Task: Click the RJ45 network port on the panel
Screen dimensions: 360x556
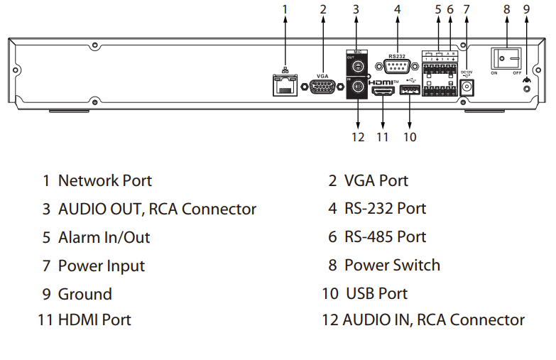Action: click(x=285, y=85)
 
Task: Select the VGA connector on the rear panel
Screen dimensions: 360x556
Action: click(x=323, y=87)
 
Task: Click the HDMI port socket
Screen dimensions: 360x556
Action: click(x=383, y=92)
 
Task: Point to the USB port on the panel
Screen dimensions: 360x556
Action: click(x=410, y=92)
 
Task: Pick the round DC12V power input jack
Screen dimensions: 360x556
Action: click(x=467, y=87)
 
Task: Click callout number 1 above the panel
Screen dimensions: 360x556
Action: click(x=285, y=9)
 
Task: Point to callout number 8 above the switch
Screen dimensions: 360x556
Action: click(x=506, y=9)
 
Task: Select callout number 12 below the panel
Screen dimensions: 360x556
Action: click(x=358, y=136)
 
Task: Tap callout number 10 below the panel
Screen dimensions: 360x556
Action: click(x=410, y=136)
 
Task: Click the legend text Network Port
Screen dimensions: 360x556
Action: click(x=105, y=180)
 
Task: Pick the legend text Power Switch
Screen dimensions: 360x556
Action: click(x=392, y=266)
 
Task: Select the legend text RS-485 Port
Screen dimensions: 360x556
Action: click(x=385, y=237)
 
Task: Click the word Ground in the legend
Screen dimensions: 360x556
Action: click(x=85, y=294)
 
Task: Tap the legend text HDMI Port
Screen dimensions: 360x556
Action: click(x=94, y=320)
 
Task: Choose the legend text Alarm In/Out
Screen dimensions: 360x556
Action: click(x=104, y=237)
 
